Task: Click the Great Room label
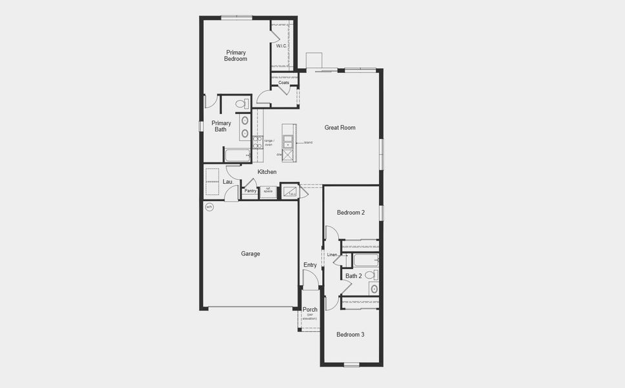340,127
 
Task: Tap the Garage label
251,253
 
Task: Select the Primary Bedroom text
236,55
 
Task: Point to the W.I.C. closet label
282,46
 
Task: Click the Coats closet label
283,83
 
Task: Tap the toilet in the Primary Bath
241,103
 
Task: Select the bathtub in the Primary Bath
237,155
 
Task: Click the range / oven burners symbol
258,142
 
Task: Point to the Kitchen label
267,171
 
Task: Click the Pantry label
250,191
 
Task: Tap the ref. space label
268,191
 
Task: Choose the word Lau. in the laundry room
227,182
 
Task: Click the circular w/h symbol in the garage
209,207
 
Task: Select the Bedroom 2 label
351,212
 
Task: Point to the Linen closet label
333,254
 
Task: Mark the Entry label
310,264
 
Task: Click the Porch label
310,310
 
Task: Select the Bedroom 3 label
351,334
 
